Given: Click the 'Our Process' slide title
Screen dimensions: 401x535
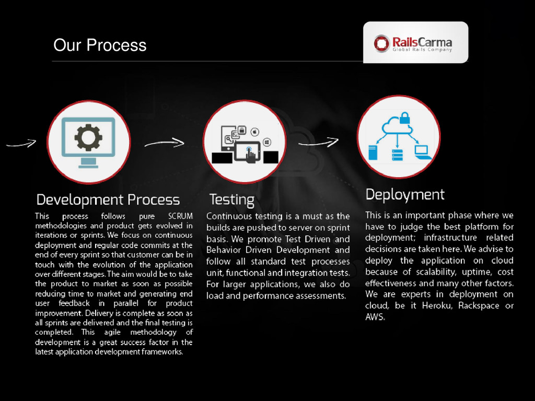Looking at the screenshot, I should tap(100, 45).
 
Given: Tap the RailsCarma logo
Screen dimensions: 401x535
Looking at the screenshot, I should tap(415, 43).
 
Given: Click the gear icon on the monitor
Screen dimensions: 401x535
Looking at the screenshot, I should tap(88, 137).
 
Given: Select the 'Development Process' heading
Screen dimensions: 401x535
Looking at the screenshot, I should tap(108, 200).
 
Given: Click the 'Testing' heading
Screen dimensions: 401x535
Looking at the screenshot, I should tap(231, 199).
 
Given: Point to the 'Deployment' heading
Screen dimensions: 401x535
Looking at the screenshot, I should tap(405, 195).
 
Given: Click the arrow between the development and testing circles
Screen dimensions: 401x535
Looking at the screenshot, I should tap(164, 143).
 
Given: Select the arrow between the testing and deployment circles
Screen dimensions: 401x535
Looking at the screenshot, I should tap(318, 142).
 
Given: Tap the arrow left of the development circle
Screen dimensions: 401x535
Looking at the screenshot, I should tap(21, 143).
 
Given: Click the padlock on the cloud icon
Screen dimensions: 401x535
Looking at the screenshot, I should tap(405, 119).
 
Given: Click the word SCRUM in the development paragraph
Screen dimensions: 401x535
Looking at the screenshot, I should tap(180, 216).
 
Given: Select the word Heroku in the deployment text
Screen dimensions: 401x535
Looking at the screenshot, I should tap(437, 305).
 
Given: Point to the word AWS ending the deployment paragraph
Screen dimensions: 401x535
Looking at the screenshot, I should tap(375, 317).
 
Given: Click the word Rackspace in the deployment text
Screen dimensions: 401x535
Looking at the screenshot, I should tap(479, 305).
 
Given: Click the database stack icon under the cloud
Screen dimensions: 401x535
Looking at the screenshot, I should tap(398, 154).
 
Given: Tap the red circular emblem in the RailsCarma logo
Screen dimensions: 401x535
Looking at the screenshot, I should tap(382, 43).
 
